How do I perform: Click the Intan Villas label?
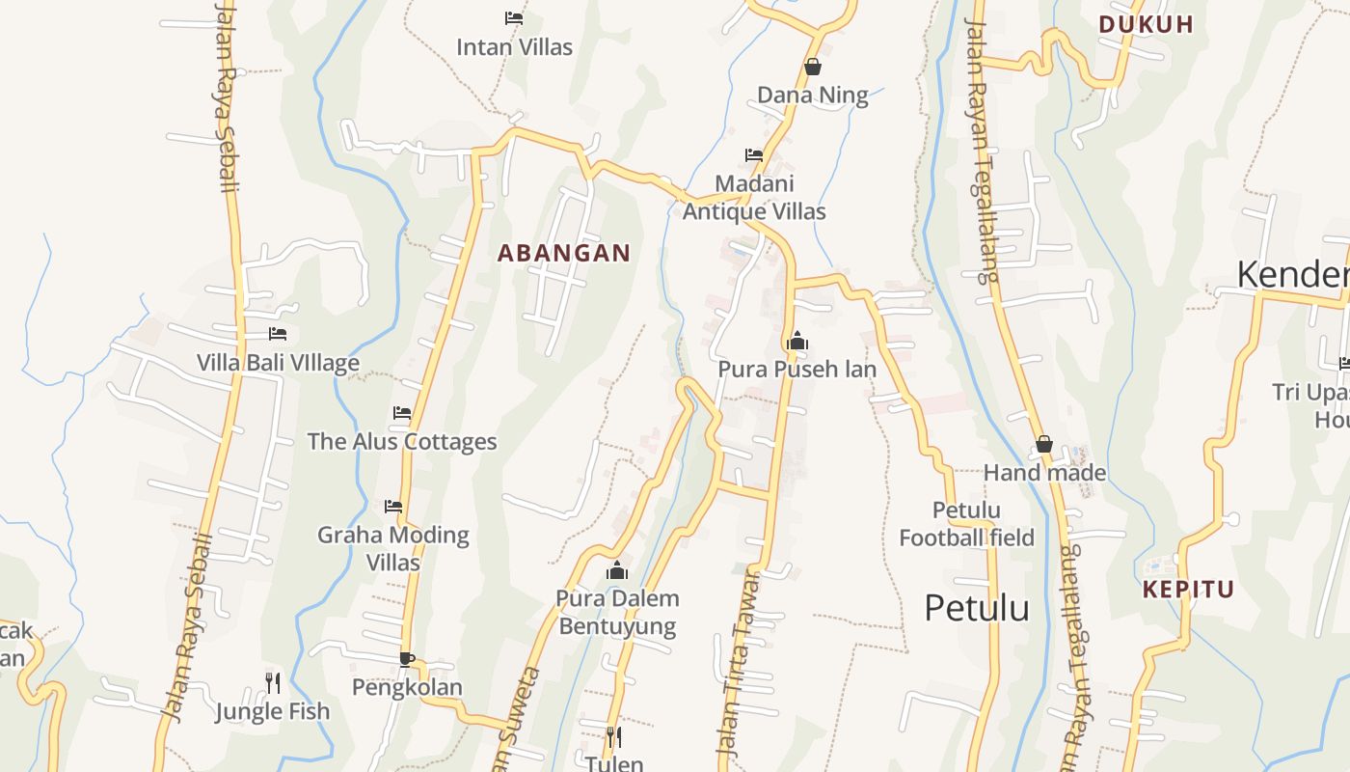[x=514, y=46]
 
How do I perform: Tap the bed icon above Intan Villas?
[x=514, y=17]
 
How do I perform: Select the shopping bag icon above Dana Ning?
[x=813, y=67]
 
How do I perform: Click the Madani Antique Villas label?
[x=754, y=197]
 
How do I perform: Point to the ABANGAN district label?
[x=564, y=253]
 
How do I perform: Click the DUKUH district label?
[x=1147, y=24]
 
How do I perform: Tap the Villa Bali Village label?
[x=278, y=363]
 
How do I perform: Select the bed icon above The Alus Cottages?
[x=402, y=413]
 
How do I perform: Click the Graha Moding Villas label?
[x=393, y=548]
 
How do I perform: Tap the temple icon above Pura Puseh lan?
[x=797, y=341]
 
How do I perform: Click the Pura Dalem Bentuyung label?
[x=617, y=612]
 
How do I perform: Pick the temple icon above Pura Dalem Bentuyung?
[x=617, y=570]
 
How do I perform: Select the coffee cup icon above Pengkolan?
[x=407, y=659]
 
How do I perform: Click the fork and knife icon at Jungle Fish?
[x=273, y=683]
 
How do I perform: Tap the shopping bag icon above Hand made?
[x=1044, y=444]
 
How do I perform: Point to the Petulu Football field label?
[x=966, y=523]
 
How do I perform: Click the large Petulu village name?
[x=976, y=608]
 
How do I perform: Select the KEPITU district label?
[x=1188, y=589]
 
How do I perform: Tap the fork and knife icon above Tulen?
[x=613, y=737]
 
